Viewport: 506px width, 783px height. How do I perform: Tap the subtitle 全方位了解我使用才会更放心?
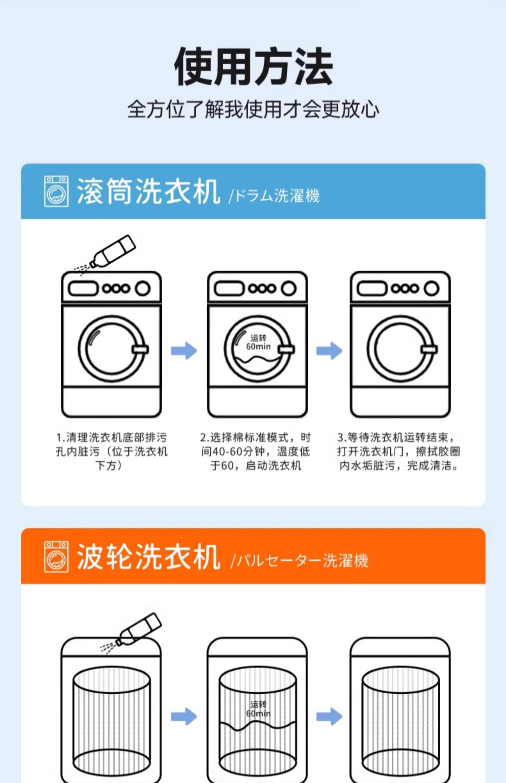(x=253, y=109)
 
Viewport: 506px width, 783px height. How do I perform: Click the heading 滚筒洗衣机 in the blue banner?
(x=148, y=191)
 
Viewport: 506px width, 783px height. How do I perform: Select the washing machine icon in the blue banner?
(x=56, y=191)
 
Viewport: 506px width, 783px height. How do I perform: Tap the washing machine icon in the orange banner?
(x=56, y=557)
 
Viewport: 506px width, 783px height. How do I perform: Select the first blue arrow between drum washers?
(x=184, y=351)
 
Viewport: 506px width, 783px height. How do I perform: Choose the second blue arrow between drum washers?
(x=329, y=351)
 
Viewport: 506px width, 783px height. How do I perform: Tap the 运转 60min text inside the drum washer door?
(x=258, y=342)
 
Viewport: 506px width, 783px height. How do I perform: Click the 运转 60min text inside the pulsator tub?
(x=258, y=709)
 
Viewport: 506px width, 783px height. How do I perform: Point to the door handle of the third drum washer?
(x=429, y=349)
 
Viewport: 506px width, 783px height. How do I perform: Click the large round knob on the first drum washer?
(x=143, y=289)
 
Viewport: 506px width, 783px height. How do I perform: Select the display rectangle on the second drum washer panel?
(x=229, y=289)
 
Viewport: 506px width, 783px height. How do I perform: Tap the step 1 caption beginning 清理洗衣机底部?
(x=111, y=452)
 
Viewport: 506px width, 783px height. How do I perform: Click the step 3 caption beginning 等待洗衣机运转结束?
(x=399, y=452)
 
